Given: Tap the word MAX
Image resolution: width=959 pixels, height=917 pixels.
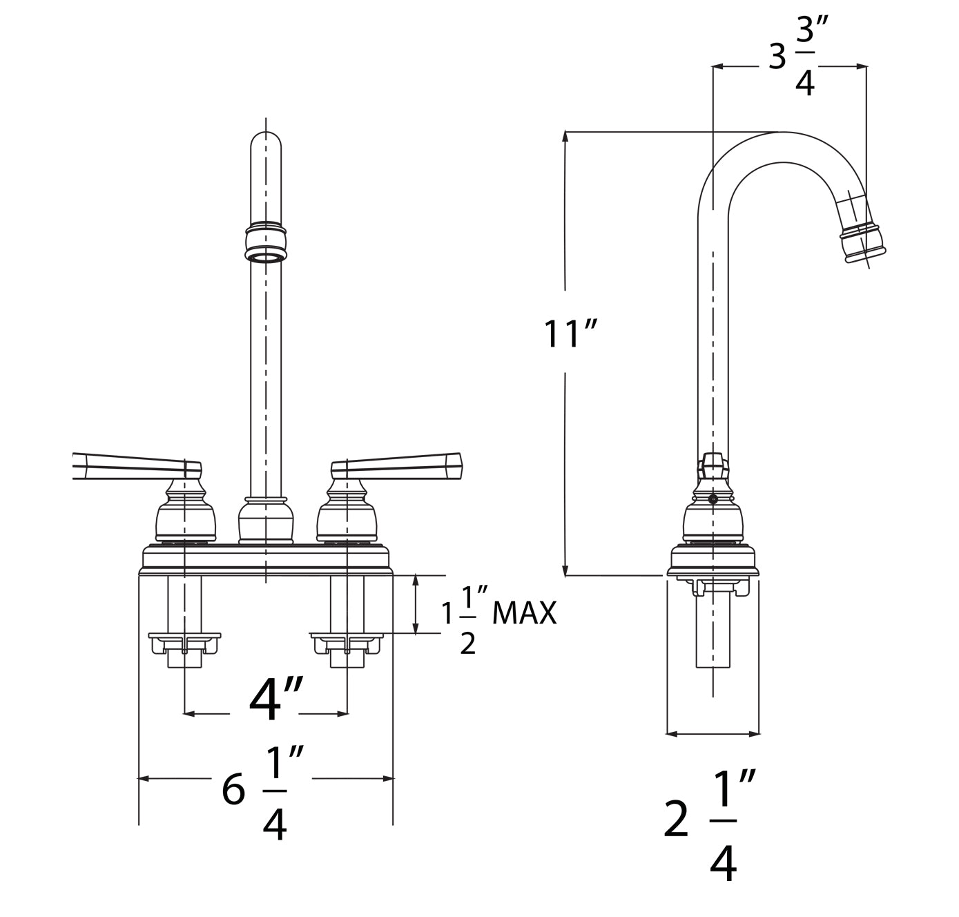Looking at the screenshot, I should (524, 612).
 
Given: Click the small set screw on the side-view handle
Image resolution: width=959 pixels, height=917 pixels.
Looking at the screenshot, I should (713, 499).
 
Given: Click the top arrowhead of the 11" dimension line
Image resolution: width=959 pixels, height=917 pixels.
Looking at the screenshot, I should (565, 136).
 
